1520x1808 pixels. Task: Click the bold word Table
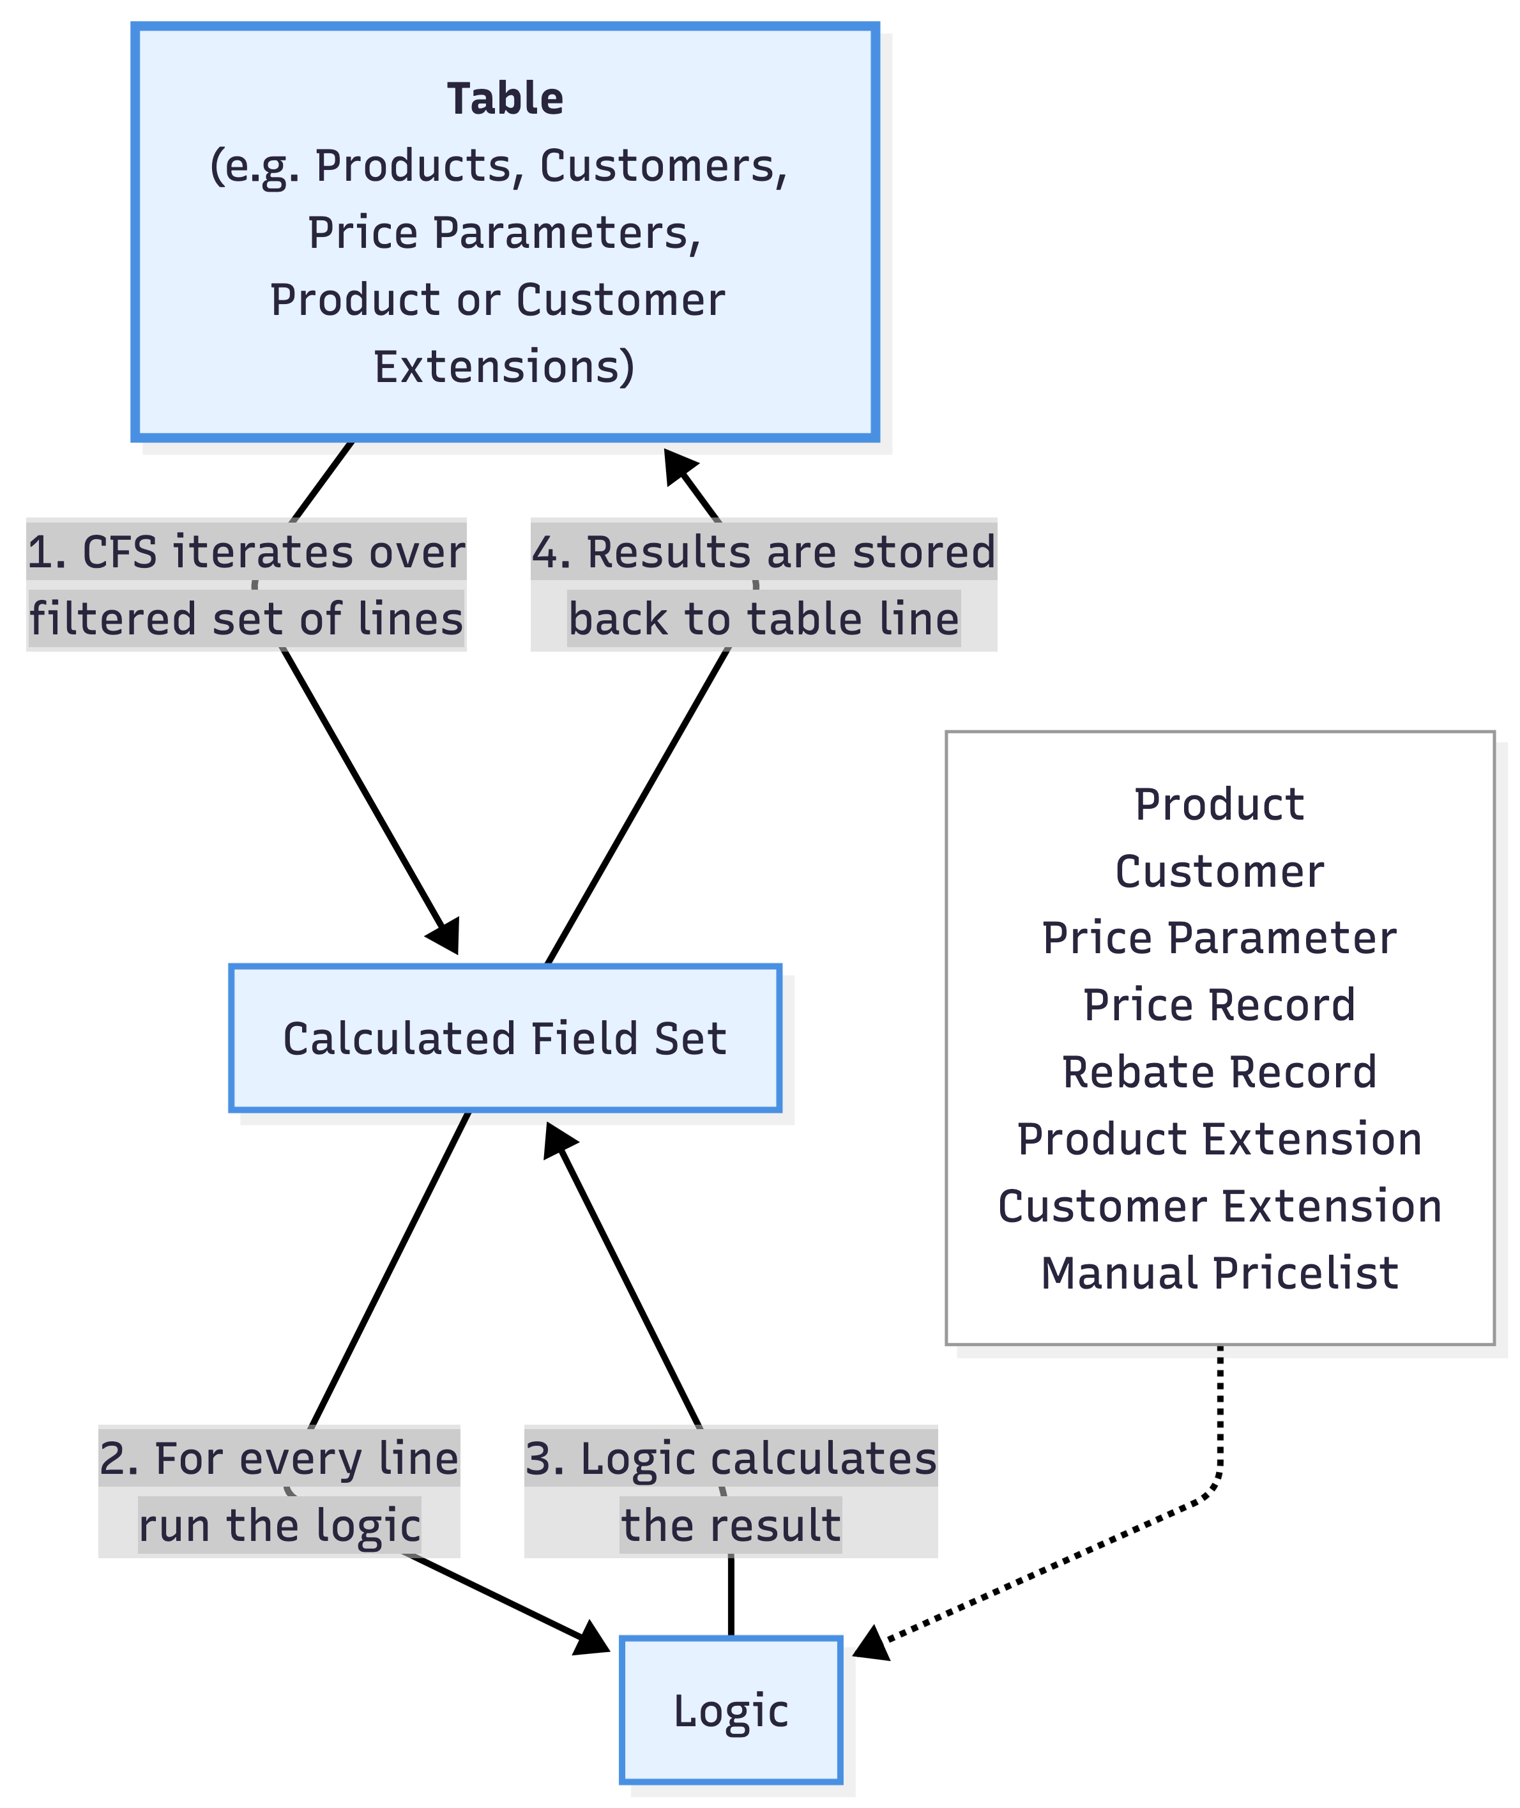coord(505,99)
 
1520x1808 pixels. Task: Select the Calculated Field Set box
coord(505,1038)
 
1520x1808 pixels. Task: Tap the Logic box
coord(730,1711)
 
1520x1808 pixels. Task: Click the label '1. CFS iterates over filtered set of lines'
coord(247,585)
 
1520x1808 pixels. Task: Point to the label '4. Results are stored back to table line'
coord(763,585)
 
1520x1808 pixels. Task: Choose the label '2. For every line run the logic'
coord(279,1491)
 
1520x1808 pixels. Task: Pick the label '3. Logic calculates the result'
coord(731,1491)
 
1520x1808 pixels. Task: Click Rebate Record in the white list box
coord(1219,1072)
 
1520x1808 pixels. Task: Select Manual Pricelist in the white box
coord(1219,1273)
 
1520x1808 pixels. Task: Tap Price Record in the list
coord(1219,1005)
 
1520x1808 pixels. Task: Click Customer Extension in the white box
coord(1219,1206)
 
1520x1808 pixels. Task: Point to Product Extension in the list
coord(1219,1139)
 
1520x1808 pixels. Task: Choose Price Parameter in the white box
coord(1219,938)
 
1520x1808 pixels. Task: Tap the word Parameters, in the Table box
coord(567,233)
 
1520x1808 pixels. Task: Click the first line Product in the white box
coord(1219,804)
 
